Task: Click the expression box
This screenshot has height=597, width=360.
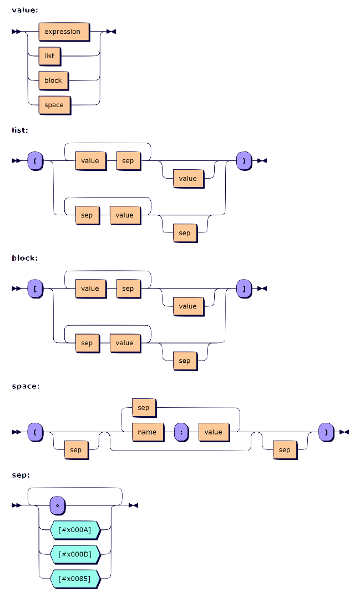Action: click(x=63, y=32)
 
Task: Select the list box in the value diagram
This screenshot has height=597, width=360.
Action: click(x=49, y=56)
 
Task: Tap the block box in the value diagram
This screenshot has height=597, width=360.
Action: click(x=53, y=80)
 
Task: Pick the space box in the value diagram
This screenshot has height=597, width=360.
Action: click(x=54, y=105)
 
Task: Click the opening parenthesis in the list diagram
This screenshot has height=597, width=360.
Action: click(x=35, y=161)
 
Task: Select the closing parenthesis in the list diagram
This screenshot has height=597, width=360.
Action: click(x=244, y=161)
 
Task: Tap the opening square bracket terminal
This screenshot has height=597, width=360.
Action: click(x=35, y=289)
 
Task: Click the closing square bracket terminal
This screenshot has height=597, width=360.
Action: click(x=244, y=289)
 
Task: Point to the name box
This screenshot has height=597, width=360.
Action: click(x=148, y=432)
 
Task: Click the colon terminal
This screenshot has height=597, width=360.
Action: click(x=181, y=432)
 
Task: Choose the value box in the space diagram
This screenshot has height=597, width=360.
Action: click(x=213, y=432)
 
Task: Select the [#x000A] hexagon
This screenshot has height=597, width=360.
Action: click(x=74, y=530)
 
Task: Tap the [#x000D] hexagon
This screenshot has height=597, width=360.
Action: click(x=74, y=554)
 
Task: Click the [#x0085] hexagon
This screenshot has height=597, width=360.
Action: click(x=74, y=579)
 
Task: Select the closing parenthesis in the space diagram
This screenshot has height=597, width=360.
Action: click(x=326, y=432)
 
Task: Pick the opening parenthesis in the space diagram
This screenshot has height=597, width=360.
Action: click(x=35, y=432)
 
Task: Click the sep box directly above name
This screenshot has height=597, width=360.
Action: click(x=144, y=408)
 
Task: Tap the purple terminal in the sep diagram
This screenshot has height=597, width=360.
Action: click(x=57, y=505)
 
